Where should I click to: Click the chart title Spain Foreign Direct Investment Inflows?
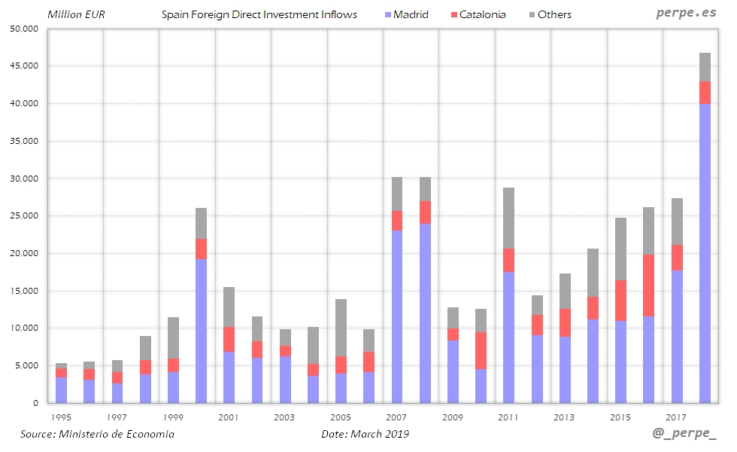pos(259,14)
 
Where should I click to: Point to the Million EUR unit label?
pos(77,14)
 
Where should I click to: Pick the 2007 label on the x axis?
pos(396,417)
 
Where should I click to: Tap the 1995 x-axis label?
pos(61,417)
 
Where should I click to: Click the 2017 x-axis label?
pos(677,417)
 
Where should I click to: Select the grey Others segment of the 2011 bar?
pos(509,218)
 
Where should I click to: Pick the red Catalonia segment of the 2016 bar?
pos(649,286)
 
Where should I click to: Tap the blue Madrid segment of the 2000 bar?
pos(201,331)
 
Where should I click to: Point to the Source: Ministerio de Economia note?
pos(97,434)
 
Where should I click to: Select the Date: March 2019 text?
pos(365,434)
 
